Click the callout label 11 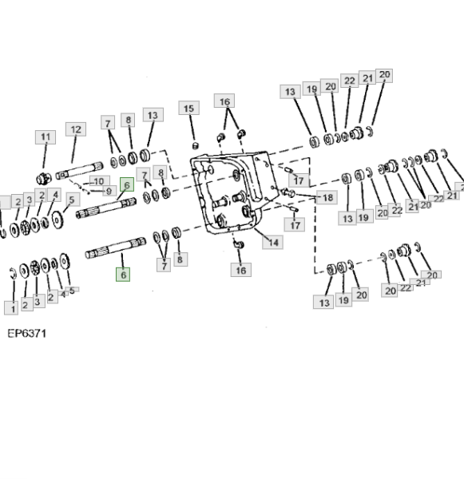(x=46, y=137)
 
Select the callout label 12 (x=76, y=129)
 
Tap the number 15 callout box (x=189, y=108)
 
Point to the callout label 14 (x=272, y=242)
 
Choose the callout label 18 (x=327, y=197)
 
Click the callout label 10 (x=99, y=181)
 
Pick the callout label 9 (x=109, y=191)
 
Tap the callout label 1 (x=11, y=308)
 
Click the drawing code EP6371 (x=27, y=333)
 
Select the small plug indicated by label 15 (x=196, y=146)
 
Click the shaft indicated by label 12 (x=79, y=171)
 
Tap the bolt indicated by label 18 (x=287, y=192)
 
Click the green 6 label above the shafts (x=127, y=184)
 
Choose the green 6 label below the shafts (x=123, y=275)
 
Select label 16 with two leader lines (x=224, y=101)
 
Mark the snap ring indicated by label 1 (x=13, y=273)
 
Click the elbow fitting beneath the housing (x=239, y=244)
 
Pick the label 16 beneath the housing (x=241, y=270)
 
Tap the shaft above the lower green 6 (x=116, y=247)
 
